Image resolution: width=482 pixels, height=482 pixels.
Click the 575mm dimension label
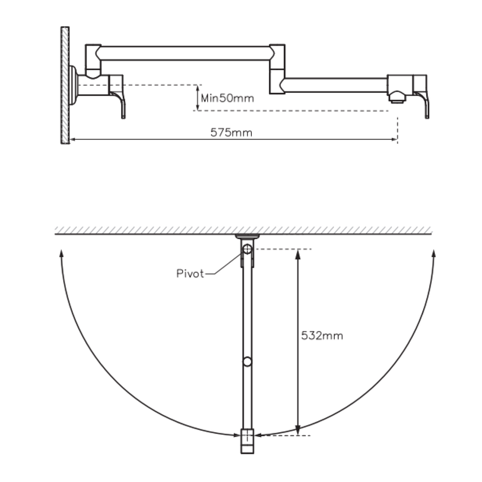point(231,133)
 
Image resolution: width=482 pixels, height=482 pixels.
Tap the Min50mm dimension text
point(227,98)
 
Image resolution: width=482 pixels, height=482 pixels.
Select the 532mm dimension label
point(322,336)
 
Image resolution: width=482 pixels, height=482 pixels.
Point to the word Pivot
point(190,273)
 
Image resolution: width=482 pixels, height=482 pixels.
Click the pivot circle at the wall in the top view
point(248,249)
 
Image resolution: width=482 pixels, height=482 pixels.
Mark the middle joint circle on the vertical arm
point(248,361)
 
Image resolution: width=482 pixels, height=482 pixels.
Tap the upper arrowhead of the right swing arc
point(434,254)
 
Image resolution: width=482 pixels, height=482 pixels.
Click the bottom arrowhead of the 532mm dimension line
point(297,431)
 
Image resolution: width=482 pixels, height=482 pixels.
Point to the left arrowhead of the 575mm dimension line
point(73,139)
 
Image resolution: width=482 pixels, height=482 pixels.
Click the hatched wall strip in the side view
point(65,85)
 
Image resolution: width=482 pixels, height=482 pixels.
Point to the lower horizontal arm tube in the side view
point(334,85)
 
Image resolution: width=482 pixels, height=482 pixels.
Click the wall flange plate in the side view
point(73,85)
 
